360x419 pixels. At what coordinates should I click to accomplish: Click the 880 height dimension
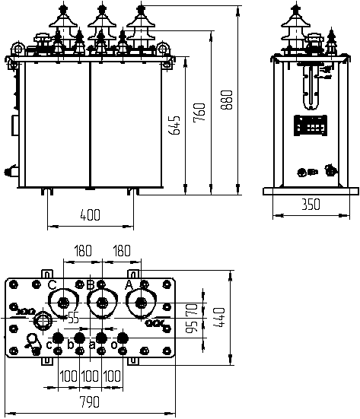point(227,100)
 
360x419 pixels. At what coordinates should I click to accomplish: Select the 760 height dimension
point(199,113)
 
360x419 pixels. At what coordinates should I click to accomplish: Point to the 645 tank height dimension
point(174,125)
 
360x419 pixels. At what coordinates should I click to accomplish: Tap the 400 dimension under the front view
point(90,215)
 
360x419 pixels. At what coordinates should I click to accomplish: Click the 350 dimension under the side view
point(311,205)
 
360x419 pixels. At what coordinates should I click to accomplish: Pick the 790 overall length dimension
point(90,402)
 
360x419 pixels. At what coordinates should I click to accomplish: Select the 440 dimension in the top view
point(219,317)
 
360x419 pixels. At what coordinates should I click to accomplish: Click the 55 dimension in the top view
point(74,318)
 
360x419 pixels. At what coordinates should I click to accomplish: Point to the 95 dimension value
point(192,327)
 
